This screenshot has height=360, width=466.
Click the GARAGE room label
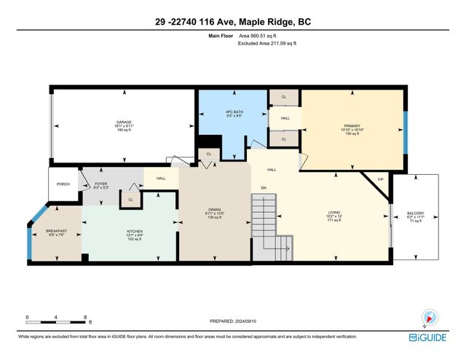[123, 122]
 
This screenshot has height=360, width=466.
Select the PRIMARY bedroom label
[352, 125]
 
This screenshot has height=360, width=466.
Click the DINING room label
[214, 210]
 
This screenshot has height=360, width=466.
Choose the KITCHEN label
[129, 231]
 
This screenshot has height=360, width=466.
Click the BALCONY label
[415, 213]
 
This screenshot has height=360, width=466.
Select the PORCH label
[63, 184]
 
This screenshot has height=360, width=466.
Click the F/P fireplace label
[380, 179]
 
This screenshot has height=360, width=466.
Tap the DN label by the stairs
[264, 187]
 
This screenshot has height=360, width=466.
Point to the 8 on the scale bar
[86, 318]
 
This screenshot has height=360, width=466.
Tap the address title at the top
[233, 23]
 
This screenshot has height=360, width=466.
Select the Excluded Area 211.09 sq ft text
[268, 44]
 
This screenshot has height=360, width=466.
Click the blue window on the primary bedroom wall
[404, 129]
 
